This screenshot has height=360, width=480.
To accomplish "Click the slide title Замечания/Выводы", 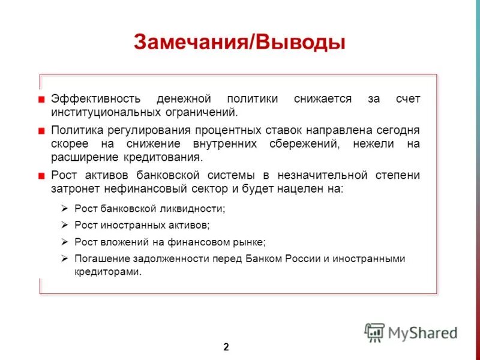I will [239, 43].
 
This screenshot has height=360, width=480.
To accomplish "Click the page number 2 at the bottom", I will [226, 346].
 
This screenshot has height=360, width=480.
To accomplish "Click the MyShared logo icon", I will [374, 332].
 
